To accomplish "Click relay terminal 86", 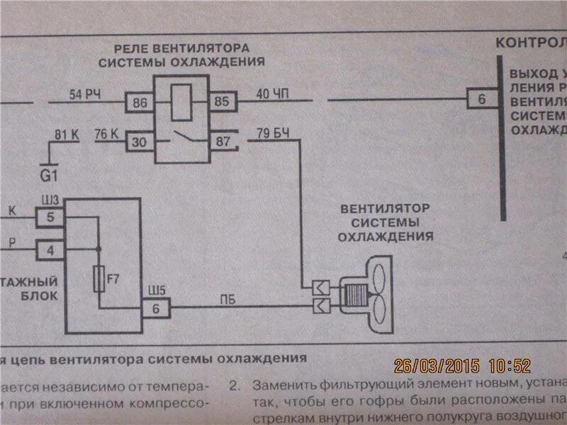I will [140, 103].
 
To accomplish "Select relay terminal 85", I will [222, 102].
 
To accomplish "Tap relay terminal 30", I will [140, 142].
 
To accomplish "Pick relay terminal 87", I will [223, 142].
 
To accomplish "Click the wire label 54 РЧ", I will [83, 94].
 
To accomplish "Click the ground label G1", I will [49, 172].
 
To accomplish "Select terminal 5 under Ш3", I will [50, 217].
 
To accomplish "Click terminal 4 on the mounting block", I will [50, 250].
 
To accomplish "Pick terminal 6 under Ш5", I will [156, 309].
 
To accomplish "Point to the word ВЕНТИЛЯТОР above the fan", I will [385, 210].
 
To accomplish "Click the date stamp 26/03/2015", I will [437, 366].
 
